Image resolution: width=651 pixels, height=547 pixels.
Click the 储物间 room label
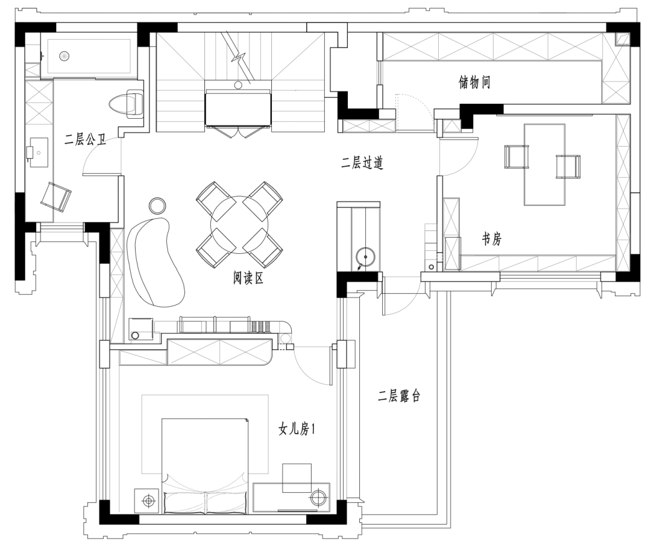pos(474,82)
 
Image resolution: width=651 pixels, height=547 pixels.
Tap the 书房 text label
pos(492,239)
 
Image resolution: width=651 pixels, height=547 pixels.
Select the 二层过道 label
pos(362,163)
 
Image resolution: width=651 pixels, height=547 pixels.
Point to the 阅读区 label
pos(248,278)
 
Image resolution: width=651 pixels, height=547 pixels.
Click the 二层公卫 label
pos(85,139)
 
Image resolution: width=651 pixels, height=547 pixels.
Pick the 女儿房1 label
pos(297,429)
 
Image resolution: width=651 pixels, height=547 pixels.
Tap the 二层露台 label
pos(399,396)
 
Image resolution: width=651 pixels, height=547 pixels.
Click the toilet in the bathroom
pos(127,104)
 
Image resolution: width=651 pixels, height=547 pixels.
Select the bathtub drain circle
pos(64,55)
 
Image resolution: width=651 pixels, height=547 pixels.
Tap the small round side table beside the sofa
pos(157,205)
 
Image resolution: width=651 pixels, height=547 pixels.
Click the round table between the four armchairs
pos(239,225)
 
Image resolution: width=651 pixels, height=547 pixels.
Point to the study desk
pos(544,165)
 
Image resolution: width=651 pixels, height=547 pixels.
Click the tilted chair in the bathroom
pos(55,197)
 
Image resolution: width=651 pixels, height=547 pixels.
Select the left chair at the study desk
pos(517,157)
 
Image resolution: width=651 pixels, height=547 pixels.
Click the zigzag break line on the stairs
pos(238,57)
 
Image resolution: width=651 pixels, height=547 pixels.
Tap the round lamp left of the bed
pos(148,501)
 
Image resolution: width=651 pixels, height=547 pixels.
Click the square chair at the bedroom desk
pos(297,478)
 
